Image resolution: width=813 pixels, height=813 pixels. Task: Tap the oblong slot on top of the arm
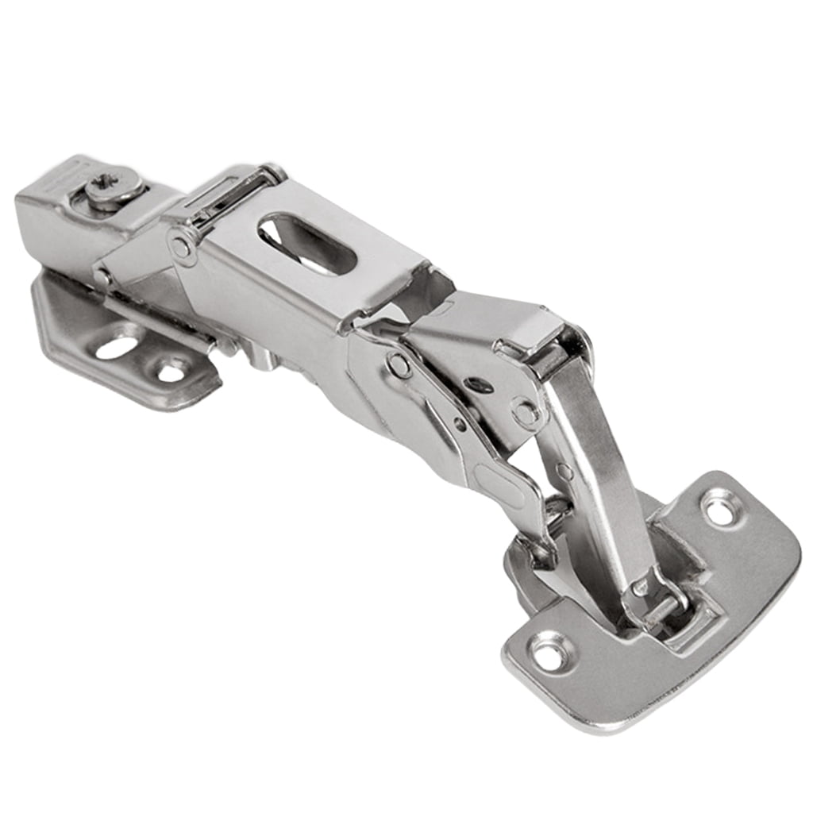tap(306, 244)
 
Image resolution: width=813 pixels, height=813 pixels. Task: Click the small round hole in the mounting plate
tap(171, 370)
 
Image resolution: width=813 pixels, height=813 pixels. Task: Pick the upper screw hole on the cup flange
tap(721, 509)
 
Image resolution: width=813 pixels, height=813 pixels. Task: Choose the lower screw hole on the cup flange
tap(549, 652)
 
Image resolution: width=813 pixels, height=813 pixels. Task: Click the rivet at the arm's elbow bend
tap(399, 365)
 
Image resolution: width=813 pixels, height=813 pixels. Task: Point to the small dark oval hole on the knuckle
tap(478, 385)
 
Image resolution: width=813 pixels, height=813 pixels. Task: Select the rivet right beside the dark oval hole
tap(526, 412)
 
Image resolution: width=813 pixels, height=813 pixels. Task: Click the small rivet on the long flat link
tap(564, 471)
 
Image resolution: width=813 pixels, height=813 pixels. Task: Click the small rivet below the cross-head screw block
tap(101, 277)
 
